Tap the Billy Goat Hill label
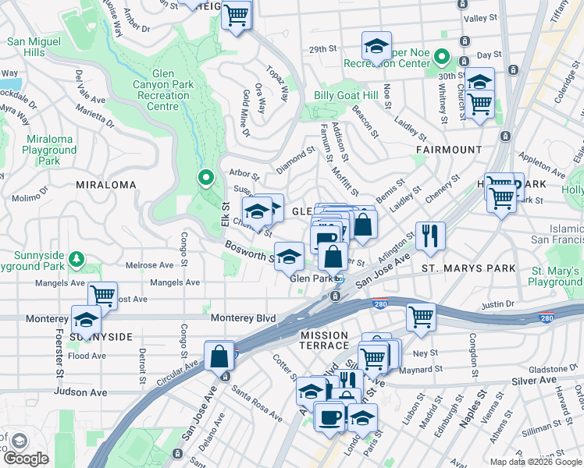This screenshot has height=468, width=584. click(x=345, y=95)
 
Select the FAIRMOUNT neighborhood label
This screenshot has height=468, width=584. click(x=449, y=149)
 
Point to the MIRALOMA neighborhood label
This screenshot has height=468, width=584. click(x=105, y=185)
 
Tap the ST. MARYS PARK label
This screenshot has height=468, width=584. click(x=468, y=268)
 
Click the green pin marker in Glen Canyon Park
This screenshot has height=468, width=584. click(x=206, y=179)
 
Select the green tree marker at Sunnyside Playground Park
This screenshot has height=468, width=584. click(x=77, y=258)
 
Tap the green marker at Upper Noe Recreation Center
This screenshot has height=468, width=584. click(x=441, y=56)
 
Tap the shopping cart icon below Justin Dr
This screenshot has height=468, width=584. click(x=421, y=316)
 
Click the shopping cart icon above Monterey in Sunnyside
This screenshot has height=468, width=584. click(x=102, y=294)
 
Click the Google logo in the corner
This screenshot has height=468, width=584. click(x=26, y=459)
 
